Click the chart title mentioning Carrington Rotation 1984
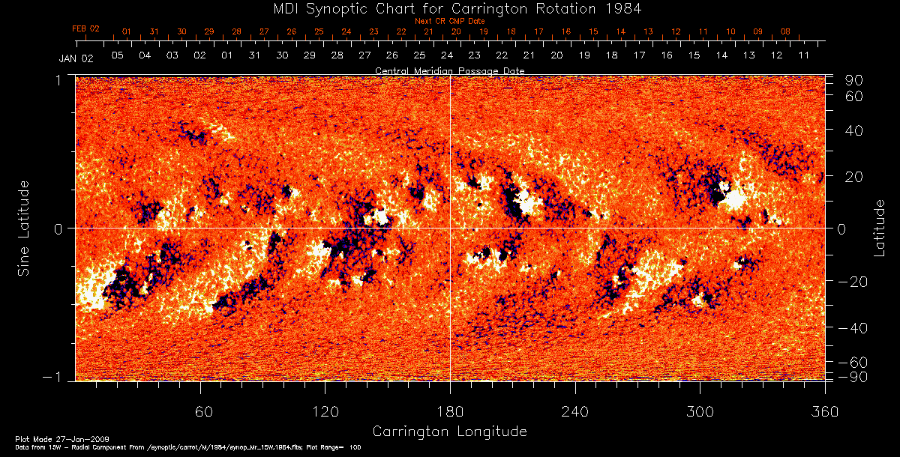tap(450, 8)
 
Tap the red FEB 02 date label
tap(85, 28)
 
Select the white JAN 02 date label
tap(75, 58)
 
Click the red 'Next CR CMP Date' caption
tap(450, 21)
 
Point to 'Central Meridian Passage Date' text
tap(449, 70)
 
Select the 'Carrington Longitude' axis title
tap(449, 432)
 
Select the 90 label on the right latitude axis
tap(855, 80)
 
